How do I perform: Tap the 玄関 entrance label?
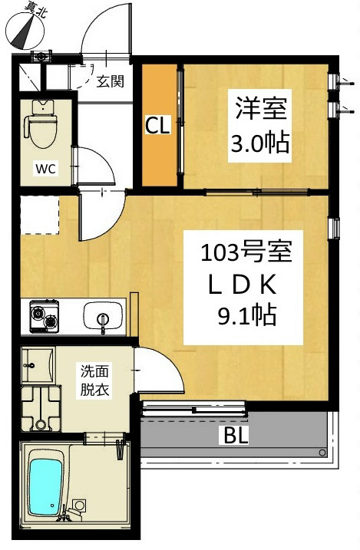[x=111, y=81]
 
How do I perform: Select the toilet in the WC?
[x=41, y=123]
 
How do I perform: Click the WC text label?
[x=45, y=169]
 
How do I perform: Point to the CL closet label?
[x=157, y=125]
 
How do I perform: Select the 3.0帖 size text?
[x=260, y=143]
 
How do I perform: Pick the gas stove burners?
[x=45, y=316]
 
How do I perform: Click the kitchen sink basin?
[x=103, y=316]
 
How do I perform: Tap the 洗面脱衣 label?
[x=94, y=380]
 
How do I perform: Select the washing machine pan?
[x=41, y=409]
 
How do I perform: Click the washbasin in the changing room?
[x=38, y=365]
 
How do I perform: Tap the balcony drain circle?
[x=322, y=453]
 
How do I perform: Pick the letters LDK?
[x=242, y=287]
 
